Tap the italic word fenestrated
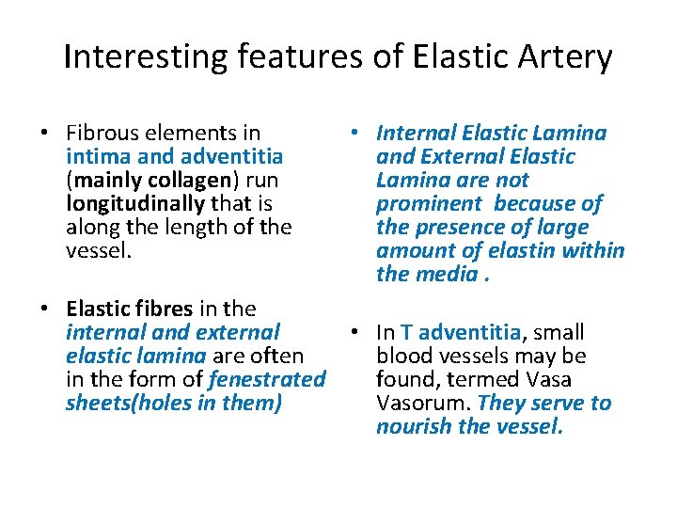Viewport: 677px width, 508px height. (267, 379)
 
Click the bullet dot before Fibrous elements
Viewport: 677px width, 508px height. (46, 134)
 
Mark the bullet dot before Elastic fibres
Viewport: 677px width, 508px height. (46, 310)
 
